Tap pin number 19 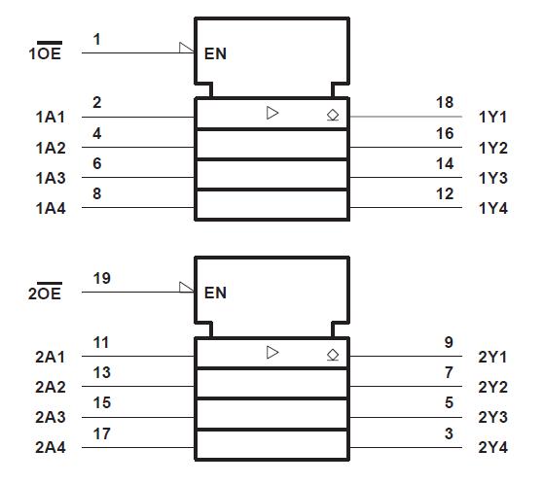tap(101, 278)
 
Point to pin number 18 tap(445, 102)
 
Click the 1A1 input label tap(50, 118)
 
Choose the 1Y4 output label tap(493, 208)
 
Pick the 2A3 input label tap(50, 418)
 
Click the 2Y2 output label tap(493, 387)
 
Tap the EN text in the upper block tap(215, 54)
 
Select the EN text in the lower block tap(215, 293)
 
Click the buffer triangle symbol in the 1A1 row tap(272, 114)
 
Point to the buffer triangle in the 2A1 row tap(272, 353)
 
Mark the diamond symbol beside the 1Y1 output tap(333, 115)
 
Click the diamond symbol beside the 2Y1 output tap(333, 354)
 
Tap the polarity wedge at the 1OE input tap(188, 47)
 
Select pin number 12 tap(445, 193)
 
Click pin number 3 tap(449, 433)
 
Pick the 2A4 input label tap(50, 448)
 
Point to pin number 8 tap(97, 193)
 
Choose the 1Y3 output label tap(493, 178)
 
